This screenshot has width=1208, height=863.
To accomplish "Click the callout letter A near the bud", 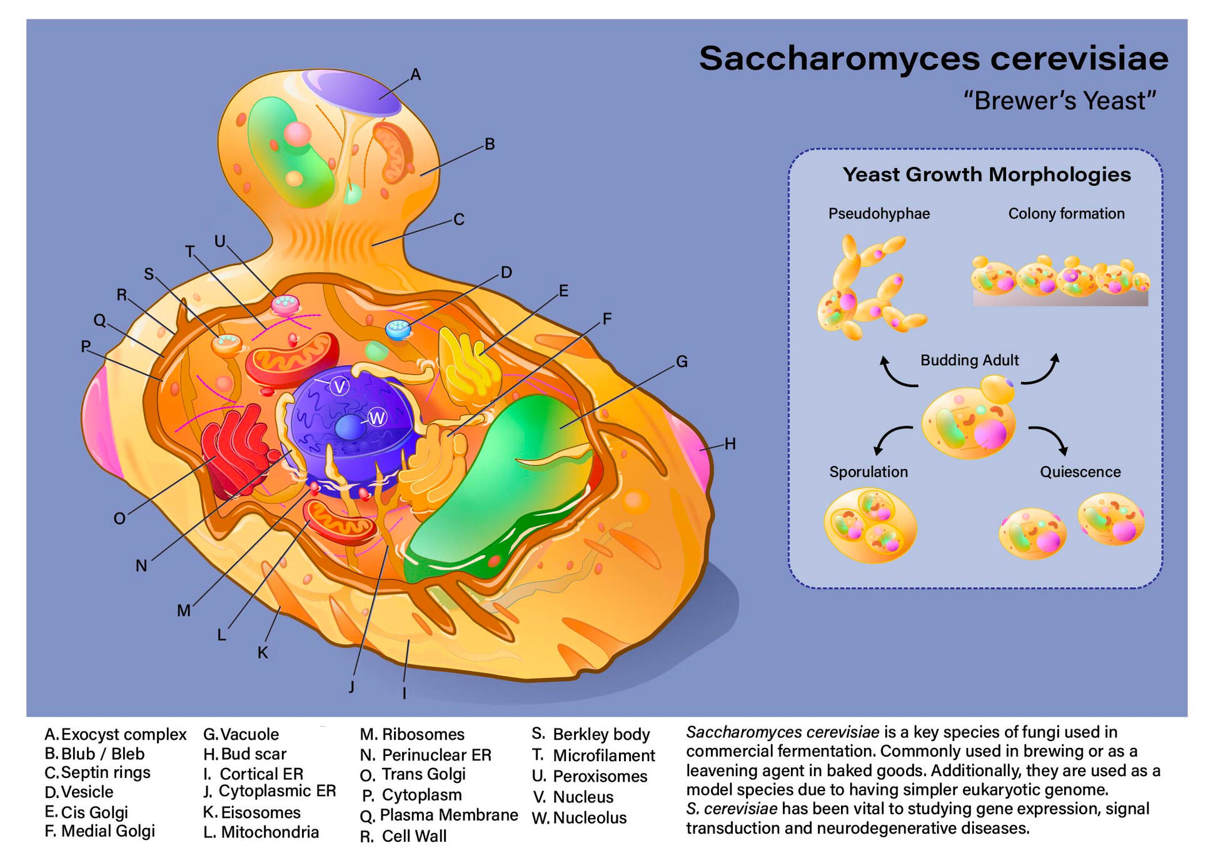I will [415, 75].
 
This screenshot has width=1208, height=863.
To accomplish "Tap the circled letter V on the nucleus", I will [340, 386].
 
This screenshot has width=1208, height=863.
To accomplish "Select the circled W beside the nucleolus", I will [377, 417].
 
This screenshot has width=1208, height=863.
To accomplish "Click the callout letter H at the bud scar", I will [730, 444].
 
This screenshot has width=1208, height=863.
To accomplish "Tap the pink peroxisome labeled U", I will [286, 305].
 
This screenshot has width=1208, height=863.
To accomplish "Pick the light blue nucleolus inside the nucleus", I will [350, 428].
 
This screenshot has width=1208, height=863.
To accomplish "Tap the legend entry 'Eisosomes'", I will [260, 812].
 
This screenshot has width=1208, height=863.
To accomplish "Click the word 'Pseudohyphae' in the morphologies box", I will [878, 214].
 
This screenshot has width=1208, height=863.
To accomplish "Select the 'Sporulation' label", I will [868, 472].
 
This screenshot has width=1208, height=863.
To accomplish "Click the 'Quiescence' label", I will [1080, 472].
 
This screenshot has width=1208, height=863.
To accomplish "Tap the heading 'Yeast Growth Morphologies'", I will [986, 174].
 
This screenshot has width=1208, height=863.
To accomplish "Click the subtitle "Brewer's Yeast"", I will [1059, 101].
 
